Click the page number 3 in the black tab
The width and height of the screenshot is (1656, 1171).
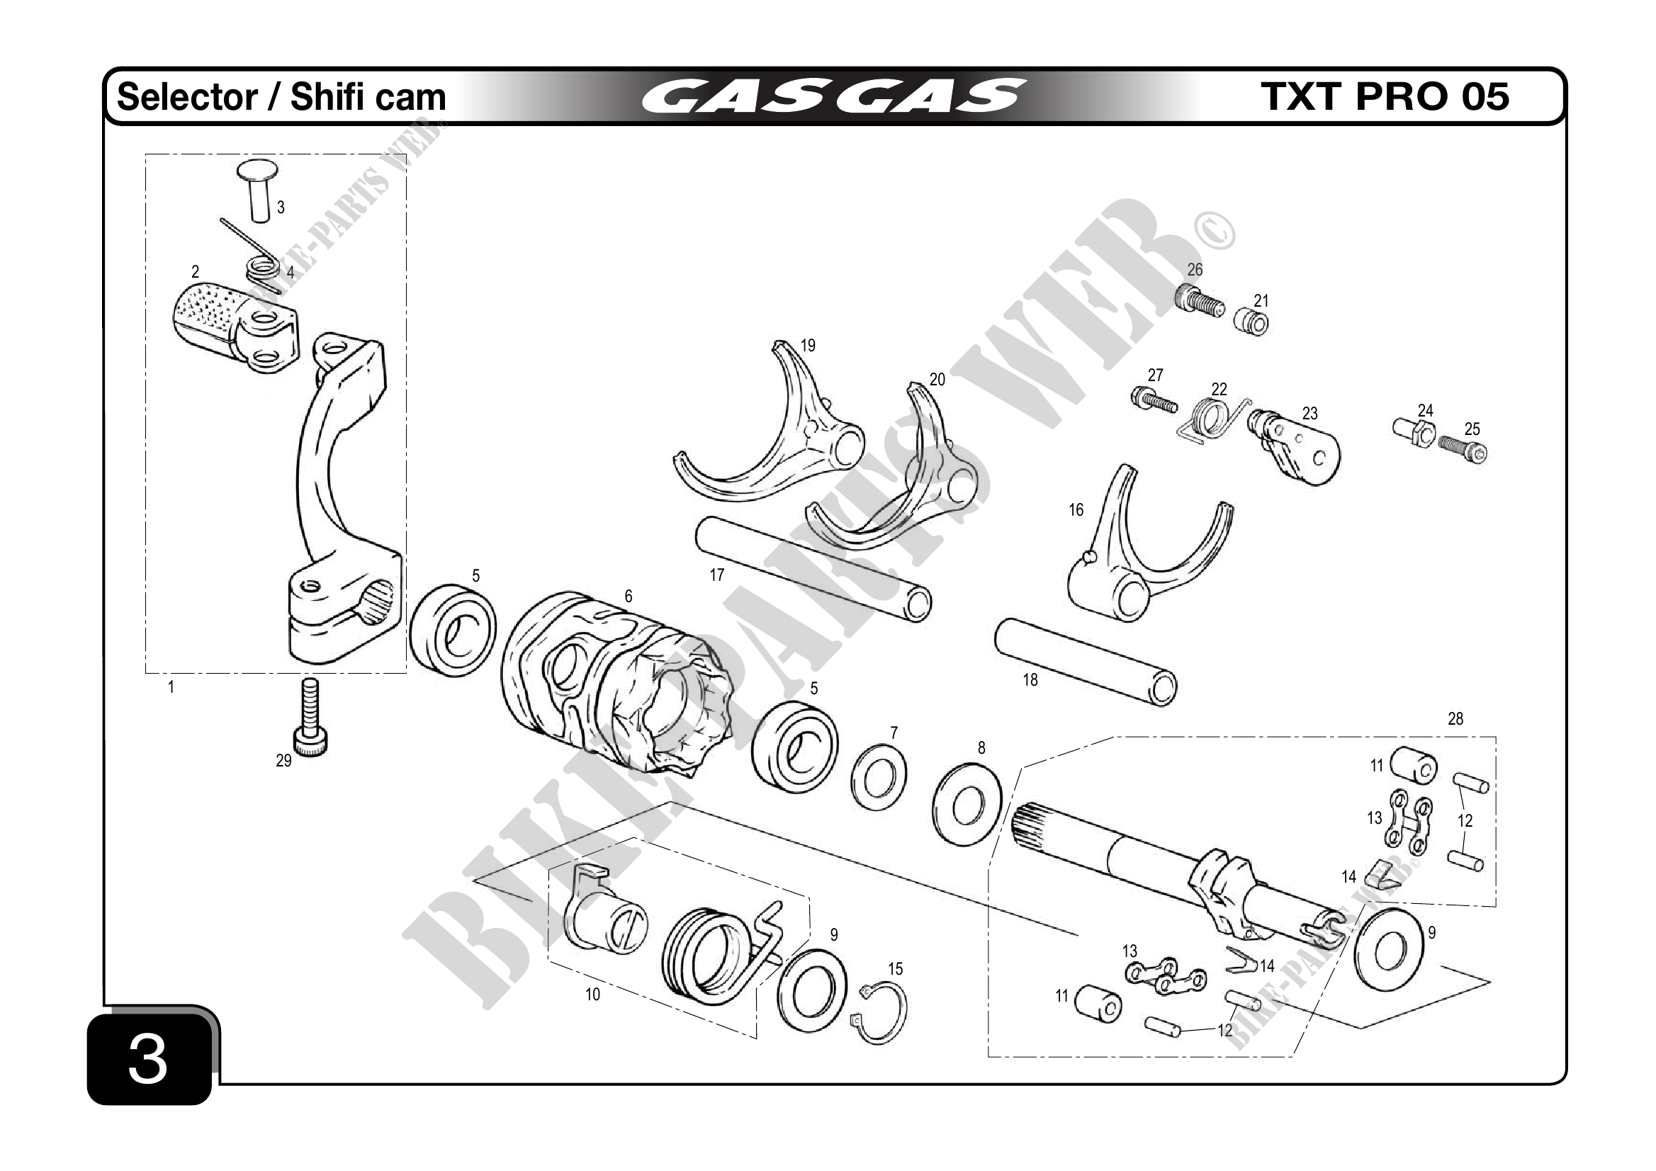tap(149, 1060)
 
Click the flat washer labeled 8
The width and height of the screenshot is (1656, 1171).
tap(967, 804)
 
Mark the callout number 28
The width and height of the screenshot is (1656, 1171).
tap(1455, 719)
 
